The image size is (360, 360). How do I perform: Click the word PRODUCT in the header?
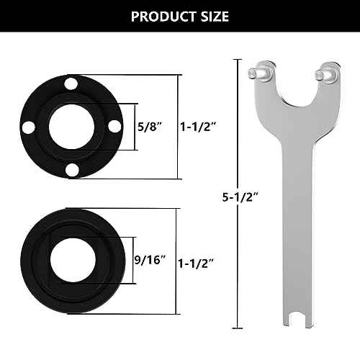pos(159,16)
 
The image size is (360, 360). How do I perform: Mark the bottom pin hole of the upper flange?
pos(70,170)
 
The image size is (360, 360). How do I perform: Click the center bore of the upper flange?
pos(70,127)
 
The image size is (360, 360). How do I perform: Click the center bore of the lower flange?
pos(70,258)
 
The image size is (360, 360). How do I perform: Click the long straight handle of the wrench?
pos(286,216)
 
